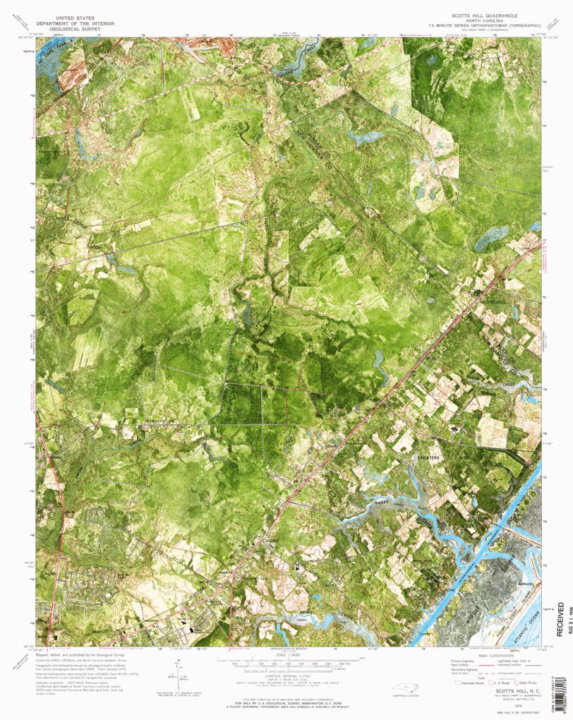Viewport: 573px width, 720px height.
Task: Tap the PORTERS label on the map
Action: [x=430, y=458]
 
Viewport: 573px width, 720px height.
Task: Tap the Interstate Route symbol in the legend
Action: [x=461, y=683]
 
